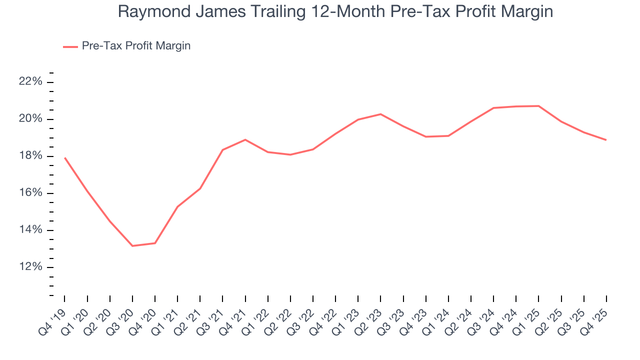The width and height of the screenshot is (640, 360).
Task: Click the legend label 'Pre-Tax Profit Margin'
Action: pos(136,46)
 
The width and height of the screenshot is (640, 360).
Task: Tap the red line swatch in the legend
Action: pos(70,46)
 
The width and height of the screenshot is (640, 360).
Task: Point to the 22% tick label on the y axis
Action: pos(30,82)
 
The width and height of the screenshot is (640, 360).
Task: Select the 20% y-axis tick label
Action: pos(30,119)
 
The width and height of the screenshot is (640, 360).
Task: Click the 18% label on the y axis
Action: pos(30,156)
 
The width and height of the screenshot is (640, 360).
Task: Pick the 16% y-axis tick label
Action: pos(30,193)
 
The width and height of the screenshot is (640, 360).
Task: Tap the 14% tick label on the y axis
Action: pos(30,230)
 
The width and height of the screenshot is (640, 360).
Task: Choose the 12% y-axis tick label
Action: pos(30,267)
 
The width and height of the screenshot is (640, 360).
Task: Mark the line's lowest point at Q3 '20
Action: pos(132,245)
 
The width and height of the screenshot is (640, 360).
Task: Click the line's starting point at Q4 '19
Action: pos(65,158)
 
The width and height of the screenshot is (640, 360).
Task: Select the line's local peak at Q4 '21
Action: pos(245,139)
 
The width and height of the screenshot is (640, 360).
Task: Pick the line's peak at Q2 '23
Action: pos(380,114)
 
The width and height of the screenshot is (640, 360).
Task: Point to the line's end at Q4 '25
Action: pos(606,139)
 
